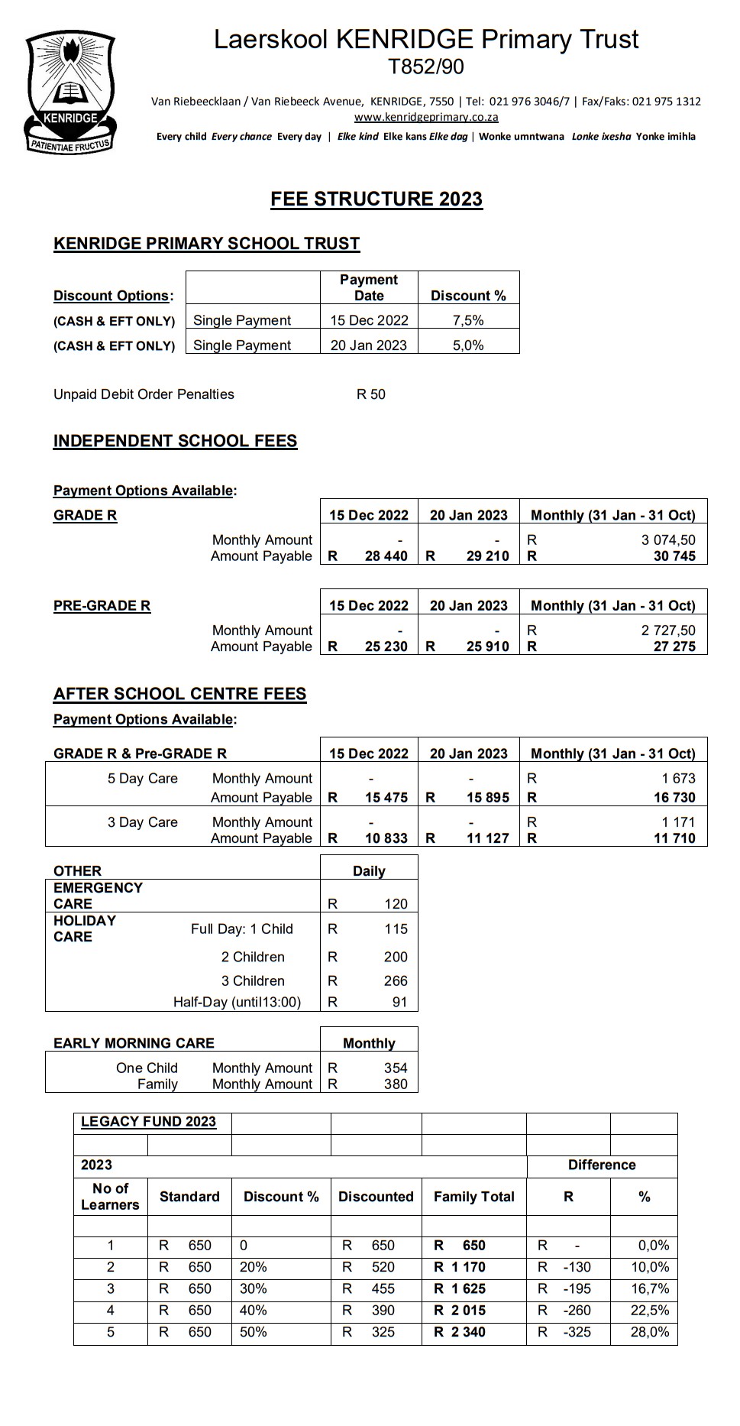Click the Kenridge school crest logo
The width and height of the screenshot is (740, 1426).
coord(69,92)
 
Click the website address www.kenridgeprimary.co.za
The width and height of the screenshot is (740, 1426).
coord(425,117)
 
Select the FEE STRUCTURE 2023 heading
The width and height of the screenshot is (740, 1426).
coord(376,199)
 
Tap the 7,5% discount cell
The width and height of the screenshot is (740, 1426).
coord(468,320)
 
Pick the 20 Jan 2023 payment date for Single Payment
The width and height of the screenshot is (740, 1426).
coord(368,345)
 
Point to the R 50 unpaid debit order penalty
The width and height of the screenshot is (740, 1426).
coord(371,394)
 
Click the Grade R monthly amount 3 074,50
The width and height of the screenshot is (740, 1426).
coord(667,540)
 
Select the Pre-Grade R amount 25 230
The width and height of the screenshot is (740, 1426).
coord(386,647)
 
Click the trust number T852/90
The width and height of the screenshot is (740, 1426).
coord(425,67)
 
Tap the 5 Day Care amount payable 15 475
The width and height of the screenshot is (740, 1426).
coord(386,797)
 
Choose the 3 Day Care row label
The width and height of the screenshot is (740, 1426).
coord(142,822)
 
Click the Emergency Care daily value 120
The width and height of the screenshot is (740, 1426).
coord(396,904)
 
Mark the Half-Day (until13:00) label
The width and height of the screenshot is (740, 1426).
coord(237,1002)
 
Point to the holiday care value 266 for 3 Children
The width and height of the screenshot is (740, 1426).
coord(396,980)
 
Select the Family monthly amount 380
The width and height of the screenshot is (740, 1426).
coord(396,1084)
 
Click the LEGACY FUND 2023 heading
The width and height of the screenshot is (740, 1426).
coord(148,1121)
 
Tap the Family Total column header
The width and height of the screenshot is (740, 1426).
coord(473,1197)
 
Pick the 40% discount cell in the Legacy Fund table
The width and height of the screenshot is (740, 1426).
coord(254,1310)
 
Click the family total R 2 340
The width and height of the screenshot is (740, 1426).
coord(460,1331)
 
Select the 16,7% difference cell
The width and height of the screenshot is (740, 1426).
coord(650,1288)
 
